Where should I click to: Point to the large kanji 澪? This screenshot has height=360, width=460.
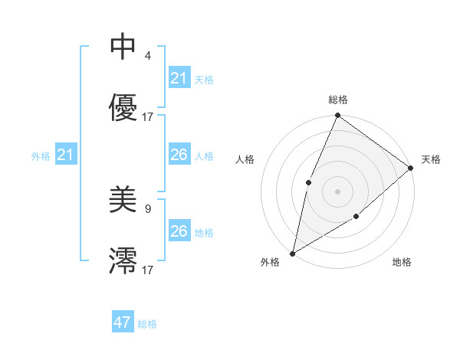click(x=123, y=260)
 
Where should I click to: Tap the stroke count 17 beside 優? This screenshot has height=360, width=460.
click(x=148, y=116)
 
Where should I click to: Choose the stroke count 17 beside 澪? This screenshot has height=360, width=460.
click(x=148, y=270)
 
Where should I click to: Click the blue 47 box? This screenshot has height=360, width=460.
click(x=123, y=322)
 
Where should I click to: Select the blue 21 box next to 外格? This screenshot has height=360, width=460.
click(x=66, y=155)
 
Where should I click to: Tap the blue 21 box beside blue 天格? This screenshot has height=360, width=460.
click(x=179, y=78)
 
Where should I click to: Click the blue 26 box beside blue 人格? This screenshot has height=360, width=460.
click(x=179, y=155)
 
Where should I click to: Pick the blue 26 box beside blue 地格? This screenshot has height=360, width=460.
click(x=179, y=231)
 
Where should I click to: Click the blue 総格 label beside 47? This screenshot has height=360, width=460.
click(x=147, y=324)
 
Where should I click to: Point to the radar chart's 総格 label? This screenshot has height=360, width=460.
click(x=337, y=100)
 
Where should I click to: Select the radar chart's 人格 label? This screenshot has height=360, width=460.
click(x=245, y=159)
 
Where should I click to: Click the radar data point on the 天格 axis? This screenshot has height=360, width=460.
click(x=410, y=168)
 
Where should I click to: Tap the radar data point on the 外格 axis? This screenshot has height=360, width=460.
click(x=292, y=253)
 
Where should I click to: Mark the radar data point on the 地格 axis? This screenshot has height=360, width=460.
click(x=356, y=218)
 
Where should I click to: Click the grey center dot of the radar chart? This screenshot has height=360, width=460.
click(x=337, y=191)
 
